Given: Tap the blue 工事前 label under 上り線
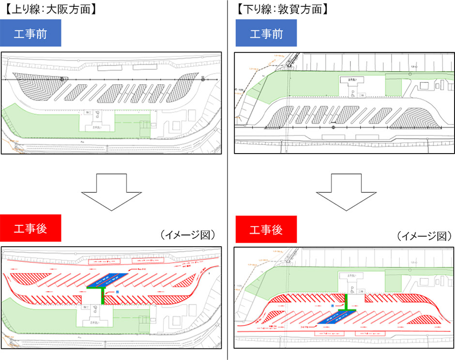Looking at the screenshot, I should [30, 33].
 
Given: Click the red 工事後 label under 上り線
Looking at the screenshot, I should [30, 229].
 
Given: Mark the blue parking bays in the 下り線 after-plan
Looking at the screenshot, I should [337, 317].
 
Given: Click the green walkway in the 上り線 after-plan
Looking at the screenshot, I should [102, 294].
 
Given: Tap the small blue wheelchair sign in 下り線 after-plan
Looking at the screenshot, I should [333, 306].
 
